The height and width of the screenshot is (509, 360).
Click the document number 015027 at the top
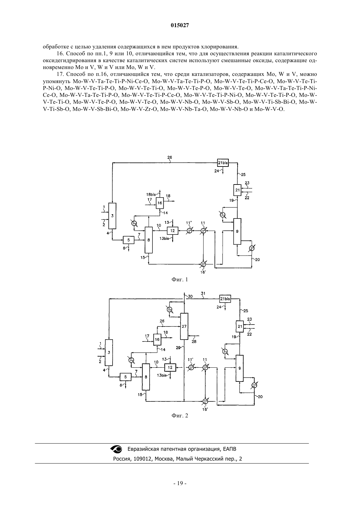click(180, 26)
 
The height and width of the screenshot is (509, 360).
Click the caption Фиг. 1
click(180, 279)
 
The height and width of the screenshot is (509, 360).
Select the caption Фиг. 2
click(180, 416)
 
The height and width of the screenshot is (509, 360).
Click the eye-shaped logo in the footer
click(116, 449)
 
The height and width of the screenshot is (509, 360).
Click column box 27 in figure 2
click(184, 326)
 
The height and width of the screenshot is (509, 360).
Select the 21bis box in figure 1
click(223, 163)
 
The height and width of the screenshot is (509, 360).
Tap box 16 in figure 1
click(160, 203)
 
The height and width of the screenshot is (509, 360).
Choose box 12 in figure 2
click(170, 367)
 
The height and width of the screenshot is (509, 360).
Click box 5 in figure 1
click(129, 240)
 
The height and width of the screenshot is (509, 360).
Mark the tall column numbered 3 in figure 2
click(109, 352)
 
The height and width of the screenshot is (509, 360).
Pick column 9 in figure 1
click(237, 231)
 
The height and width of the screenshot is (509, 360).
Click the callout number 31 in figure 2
click(203, 293)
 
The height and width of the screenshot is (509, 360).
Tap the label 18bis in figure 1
click(151, 195)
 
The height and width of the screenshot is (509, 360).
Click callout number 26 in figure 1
click(170, 157)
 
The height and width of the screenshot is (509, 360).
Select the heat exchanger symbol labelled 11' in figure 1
click(189, 231)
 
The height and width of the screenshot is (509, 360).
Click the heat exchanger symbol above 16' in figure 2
click(205, 401)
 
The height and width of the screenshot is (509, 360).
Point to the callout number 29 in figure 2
click(178, 348)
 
